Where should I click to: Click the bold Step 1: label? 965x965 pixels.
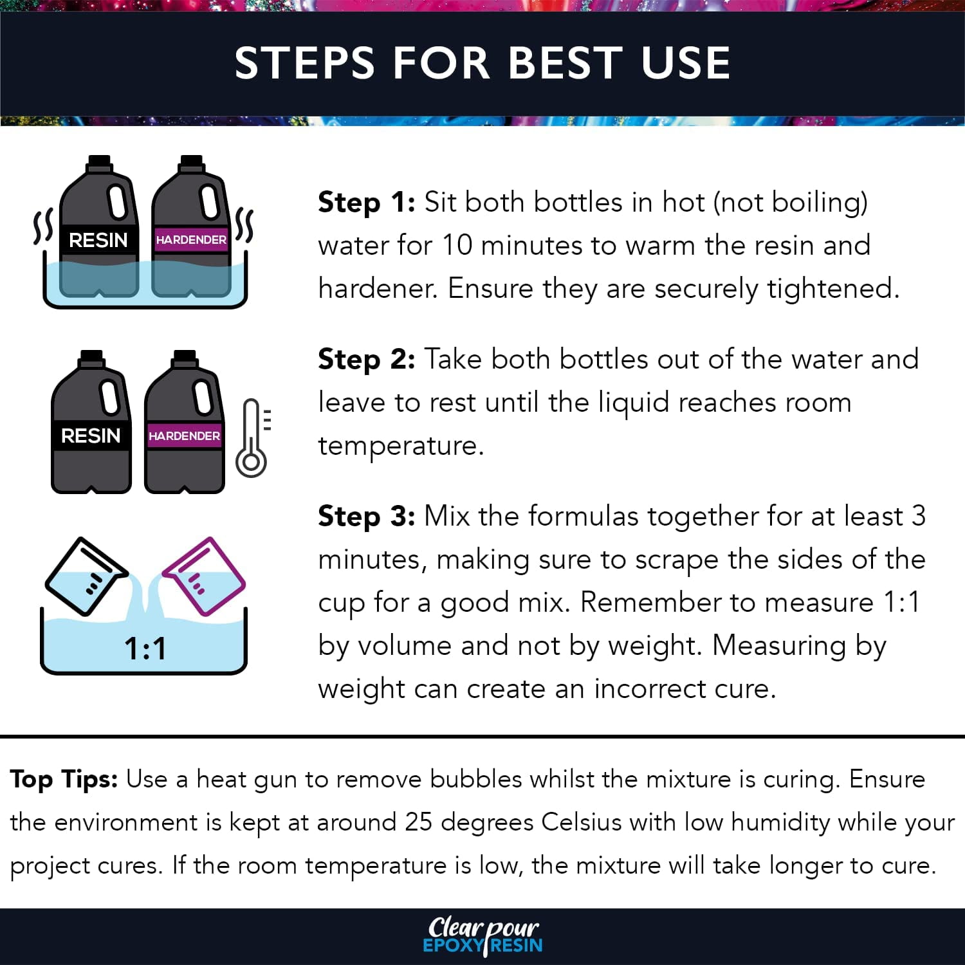pyautogui.click(x=367, y=203)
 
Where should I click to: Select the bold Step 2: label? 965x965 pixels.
pyautogui.click(x=367, y=360)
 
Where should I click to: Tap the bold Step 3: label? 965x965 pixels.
pyautogui.click(x=367, y=517)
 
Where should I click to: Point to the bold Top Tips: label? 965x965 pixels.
pyautogui.click(x=64, y=780)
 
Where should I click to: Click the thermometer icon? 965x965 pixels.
pyautogui.click(x=252, y=438)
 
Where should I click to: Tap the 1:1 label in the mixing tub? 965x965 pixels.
pyautogui.click(x=145, y=648)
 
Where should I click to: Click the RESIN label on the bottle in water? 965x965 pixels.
pyautogui.click(x=98, y=240)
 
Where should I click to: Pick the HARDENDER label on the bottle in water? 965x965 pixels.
pyautogui.click(x=191, y=240)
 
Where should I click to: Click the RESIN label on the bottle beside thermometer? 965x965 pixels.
pyautogui.click(x=91, y=436)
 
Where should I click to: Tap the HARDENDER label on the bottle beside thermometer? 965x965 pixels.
pyautogui.click(x=184, y=436)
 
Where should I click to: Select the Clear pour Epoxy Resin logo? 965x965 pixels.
pyautogui.click(x=482, y=935)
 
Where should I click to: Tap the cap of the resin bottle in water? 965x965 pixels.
pyautogui.click(x=98, y=163)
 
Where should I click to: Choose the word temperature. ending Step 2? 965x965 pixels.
pyautogui.click(x=400, y=446)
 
